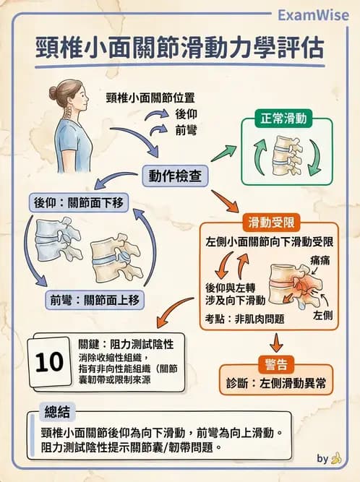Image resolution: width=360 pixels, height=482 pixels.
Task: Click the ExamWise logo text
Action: click(312, 16)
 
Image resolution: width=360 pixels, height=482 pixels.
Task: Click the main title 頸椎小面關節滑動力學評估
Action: click(180, 48)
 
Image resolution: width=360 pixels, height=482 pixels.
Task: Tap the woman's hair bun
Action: click(53, 92)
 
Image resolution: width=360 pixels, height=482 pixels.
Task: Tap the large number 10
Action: click(50, 361)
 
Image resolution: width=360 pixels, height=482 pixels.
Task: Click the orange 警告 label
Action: click(277, 360)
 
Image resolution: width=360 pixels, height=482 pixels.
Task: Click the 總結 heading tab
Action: click(56, 413)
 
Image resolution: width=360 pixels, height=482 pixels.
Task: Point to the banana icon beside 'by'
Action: click(336, 458)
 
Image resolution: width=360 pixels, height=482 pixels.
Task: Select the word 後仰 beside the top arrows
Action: click(187, 114)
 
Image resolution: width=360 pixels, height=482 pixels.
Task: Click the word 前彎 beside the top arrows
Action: click(187, 131)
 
